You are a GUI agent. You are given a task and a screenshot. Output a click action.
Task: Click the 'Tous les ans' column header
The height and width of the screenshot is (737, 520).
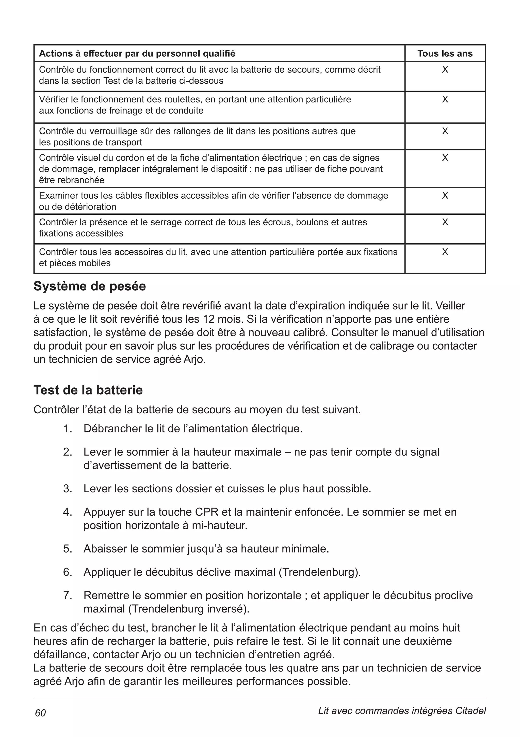[x=445, y=53]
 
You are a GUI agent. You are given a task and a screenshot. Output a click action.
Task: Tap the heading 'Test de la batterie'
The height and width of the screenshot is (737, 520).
[x=88, y=390]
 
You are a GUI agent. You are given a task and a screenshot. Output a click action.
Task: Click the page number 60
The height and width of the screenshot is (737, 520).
[x=40, y=713]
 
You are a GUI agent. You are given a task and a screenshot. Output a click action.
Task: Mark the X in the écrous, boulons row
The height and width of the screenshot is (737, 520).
[x=445, y=222]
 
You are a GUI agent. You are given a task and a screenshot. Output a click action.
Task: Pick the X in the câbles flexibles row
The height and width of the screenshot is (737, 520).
[x=445, y=195]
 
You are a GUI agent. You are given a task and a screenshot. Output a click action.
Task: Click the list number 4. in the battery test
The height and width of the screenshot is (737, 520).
[x=67, y=512]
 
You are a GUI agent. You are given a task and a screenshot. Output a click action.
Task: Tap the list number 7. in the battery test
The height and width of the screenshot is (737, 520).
[x=67, y=595]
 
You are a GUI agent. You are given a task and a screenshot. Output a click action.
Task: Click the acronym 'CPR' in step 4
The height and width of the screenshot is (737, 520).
[x=207, y=512]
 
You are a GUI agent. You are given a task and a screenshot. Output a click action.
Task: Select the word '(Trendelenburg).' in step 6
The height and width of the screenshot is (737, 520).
[x=319, y=572]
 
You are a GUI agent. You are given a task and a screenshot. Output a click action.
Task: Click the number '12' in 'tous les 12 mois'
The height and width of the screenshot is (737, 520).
[x=209, y=319]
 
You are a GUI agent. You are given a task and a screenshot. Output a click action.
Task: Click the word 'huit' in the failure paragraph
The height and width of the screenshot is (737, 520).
[x=451, y=628]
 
